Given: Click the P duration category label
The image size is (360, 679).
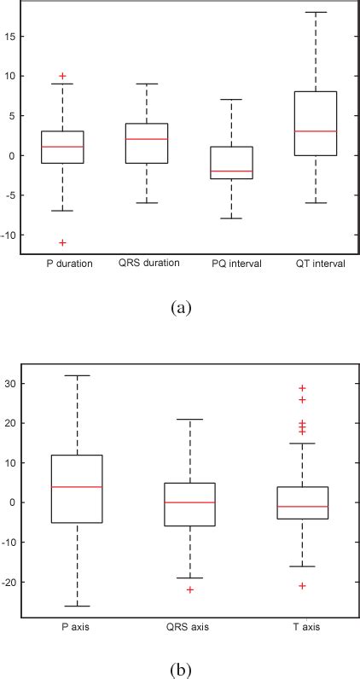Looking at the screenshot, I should (62, 264).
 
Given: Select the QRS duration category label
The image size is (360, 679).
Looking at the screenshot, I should (148, 263).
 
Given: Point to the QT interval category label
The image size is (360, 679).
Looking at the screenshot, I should (316, 264).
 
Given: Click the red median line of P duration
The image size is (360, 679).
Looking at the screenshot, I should (62, 147).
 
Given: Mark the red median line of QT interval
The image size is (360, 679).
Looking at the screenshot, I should (315, 131).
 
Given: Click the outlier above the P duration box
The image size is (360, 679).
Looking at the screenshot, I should (62, 76).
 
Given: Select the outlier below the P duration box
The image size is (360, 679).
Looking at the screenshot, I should (62, 243).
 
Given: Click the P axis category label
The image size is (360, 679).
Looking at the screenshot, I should (77, 629).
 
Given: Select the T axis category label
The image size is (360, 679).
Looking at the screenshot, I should (303, 629).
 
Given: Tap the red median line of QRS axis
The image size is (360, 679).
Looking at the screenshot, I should (189, 502).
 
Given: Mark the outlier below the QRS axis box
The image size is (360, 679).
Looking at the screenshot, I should (189, 589).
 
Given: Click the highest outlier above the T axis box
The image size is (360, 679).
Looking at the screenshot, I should (302, 388).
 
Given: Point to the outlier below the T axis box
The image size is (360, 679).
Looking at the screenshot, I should (302, 585).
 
